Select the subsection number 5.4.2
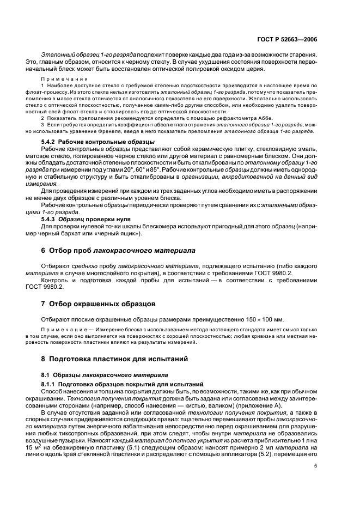click(51, 156)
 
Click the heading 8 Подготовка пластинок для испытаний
click(118, 359)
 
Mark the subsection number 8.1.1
click(51, 384)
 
